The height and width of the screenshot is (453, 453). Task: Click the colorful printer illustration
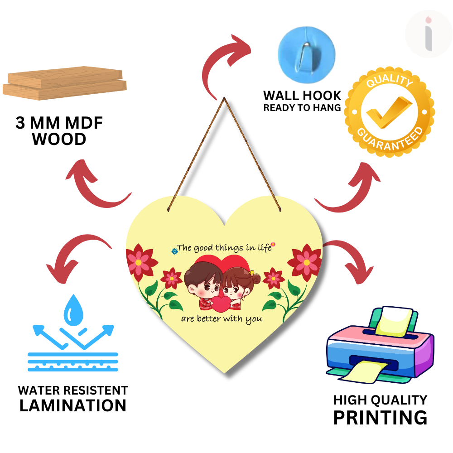(380, 345)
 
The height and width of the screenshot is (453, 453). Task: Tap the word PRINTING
(380, 417)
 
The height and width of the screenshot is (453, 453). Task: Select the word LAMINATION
(73, 405)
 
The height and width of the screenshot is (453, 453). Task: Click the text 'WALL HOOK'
(302, 96)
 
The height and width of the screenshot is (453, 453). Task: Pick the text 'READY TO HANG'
(302, 108)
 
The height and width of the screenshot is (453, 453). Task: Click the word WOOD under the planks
(59, 139)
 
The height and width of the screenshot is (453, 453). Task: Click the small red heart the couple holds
(221, 304)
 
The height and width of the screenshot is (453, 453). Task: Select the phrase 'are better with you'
(222, 319)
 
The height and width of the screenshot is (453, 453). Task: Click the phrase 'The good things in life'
(224, 247)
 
